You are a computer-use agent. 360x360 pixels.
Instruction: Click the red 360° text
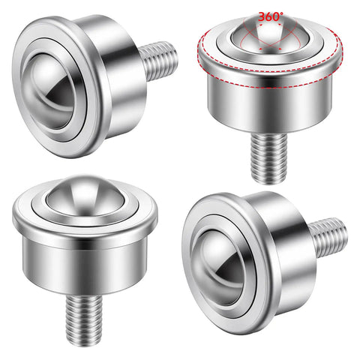271,16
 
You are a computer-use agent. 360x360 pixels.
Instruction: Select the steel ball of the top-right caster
270,35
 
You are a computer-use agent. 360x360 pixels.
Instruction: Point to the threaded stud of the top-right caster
269,158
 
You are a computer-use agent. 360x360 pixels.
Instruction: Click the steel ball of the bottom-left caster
85,196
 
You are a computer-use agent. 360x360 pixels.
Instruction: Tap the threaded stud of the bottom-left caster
84,319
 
